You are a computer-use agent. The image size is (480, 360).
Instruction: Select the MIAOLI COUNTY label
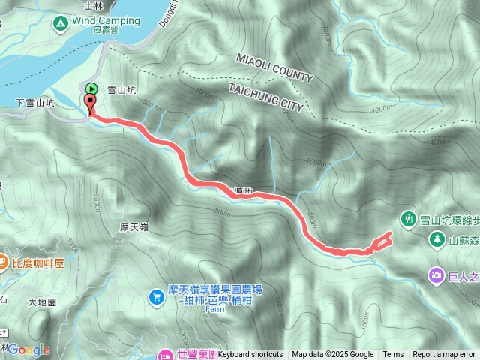[274, 67]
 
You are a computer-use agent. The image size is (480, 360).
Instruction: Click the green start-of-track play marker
[91, 88]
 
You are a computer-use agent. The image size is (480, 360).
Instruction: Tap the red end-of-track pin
[91, 104]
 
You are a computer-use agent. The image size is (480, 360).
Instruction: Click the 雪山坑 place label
[122, 88]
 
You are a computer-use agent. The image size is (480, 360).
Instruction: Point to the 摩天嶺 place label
[136, 226]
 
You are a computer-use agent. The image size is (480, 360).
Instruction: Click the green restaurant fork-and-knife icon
[408, 220]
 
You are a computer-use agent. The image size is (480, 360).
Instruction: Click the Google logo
[28, 349]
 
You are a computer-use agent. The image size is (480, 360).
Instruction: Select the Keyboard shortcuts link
[250, 354]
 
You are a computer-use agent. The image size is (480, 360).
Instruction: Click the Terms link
[393, 354]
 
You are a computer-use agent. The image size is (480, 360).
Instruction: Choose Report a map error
[444, 354]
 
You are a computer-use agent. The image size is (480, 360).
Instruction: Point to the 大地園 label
[43, 303]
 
